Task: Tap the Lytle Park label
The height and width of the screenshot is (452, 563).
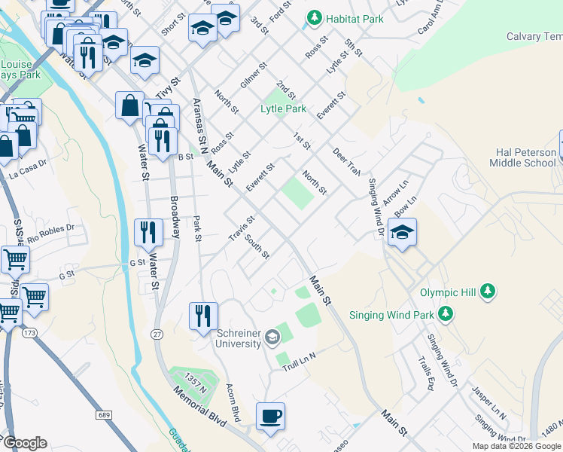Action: (x=283, y=108)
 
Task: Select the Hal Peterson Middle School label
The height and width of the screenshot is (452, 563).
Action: (x=525, y=157)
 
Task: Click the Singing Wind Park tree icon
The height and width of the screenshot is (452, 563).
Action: (x=446, y=313)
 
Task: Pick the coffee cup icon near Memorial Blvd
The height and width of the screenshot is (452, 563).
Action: (x=270, y=416)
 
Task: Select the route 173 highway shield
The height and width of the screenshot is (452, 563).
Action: (x=29, y=332)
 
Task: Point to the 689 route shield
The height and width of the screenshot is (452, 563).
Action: (x=104, y=415)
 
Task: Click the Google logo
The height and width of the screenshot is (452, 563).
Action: (x=25, y=443)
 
